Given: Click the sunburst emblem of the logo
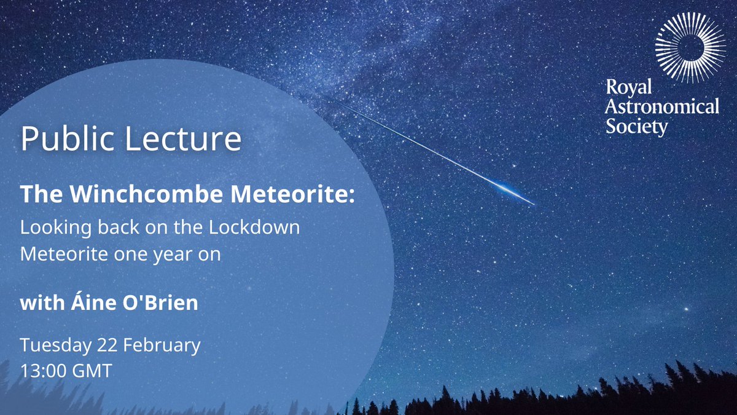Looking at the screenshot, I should click(683, 47).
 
